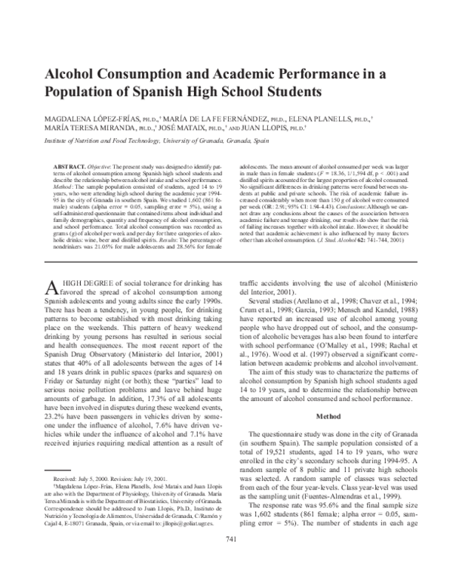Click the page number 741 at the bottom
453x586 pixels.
coord(226,560)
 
